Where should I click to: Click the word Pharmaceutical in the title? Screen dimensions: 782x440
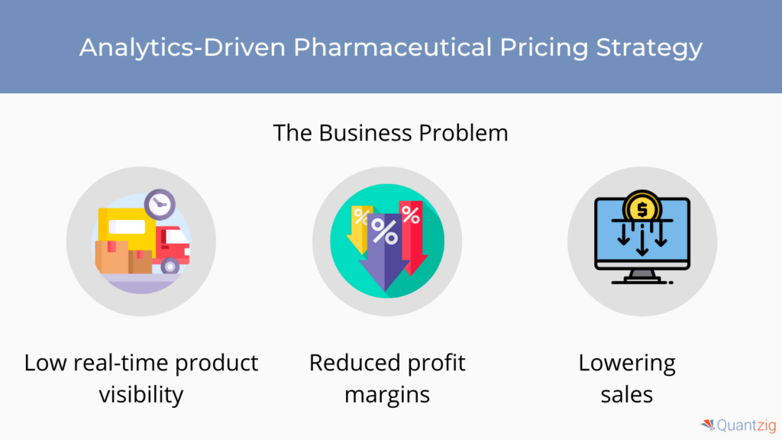pos(392,47)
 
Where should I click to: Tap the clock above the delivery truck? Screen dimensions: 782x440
pos(160,204)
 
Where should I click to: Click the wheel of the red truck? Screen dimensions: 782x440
pos(170,266)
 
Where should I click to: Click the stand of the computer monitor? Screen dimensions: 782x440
pos(641,277)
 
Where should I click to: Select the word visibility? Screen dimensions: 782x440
pos(141,395)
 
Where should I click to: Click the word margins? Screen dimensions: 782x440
pos(387,396)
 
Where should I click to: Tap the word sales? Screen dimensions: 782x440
pos(627,395)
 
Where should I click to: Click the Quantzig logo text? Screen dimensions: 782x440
pos(747,425)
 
